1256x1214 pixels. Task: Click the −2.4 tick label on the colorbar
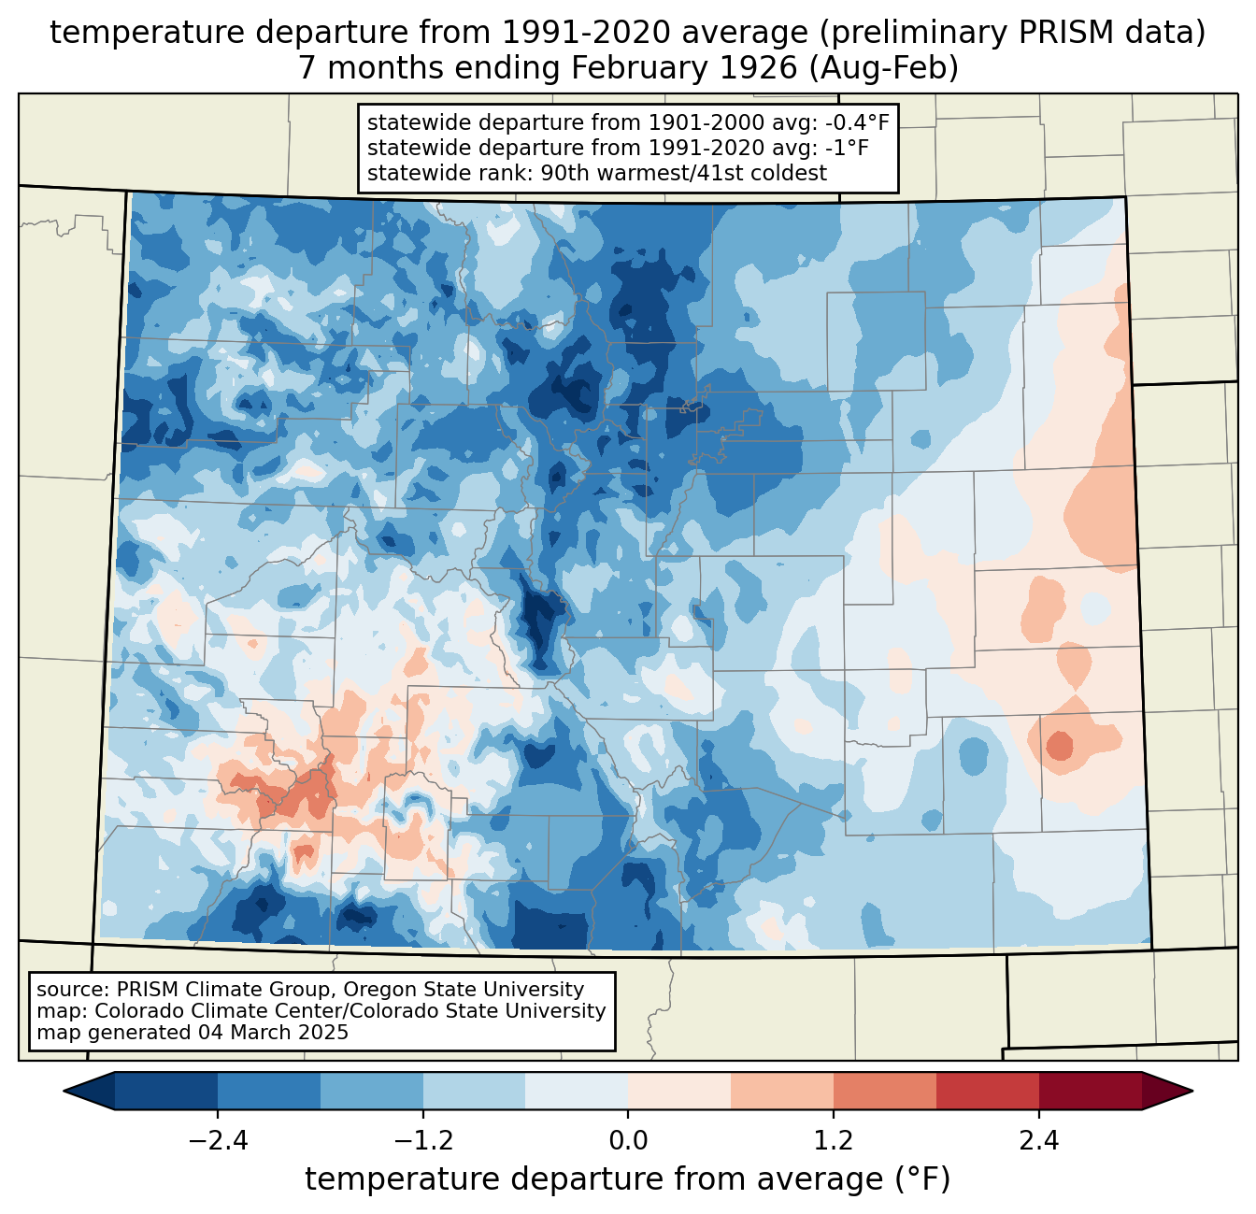point(217,1141)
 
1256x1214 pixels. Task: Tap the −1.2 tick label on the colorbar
point(422,1141)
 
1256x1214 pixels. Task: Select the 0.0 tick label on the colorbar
point(628,1141)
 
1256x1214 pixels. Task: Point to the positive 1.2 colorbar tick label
point(834,1141)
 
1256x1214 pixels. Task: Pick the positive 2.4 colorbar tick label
point(1038,1141)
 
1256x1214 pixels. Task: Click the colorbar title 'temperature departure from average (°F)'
point(628,1179)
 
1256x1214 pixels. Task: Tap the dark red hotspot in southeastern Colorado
point(1060,746)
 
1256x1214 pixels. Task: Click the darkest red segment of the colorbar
point(1090,1091)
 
